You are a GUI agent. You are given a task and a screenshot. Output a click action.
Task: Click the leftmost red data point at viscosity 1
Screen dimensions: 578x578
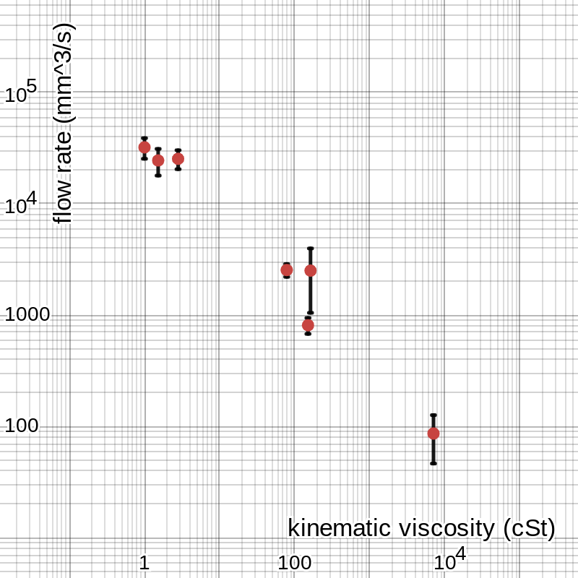point(144,147)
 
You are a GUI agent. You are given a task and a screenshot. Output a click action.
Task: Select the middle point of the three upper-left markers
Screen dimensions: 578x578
point(158,160)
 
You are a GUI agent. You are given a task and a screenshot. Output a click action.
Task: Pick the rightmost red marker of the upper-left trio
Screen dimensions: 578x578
point(178,159)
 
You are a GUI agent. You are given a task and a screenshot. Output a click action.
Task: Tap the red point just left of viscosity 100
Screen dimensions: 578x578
point(287,269)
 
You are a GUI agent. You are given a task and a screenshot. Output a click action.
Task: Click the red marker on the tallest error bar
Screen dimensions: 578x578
point(311,270)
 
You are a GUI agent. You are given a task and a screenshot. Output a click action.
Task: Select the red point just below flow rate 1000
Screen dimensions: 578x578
point(308,325)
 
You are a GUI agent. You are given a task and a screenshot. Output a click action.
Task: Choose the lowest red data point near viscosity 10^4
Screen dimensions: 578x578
point(433,433)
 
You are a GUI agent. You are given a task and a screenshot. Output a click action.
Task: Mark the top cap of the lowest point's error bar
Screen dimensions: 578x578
point(433,415)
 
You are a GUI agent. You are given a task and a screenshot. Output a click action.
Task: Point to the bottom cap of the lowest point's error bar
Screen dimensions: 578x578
point(433,463)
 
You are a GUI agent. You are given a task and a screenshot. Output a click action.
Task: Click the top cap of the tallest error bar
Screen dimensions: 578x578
point(311,249)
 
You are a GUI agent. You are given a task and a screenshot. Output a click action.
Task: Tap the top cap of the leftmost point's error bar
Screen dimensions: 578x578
point(144,138)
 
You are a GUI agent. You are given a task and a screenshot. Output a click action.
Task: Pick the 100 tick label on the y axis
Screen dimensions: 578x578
point(21,426)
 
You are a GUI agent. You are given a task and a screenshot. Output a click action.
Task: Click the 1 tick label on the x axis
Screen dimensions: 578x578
point(144,563)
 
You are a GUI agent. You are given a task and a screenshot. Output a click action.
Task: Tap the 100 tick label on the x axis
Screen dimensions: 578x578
point(294,563)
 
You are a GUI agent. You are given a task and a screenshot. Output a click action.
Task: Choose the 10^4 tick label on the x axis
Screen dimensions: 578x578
point(449,560)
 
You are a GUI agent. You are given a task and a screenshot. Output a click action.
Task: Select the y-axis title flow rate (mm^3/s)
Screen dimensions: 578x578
point(64,123)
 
